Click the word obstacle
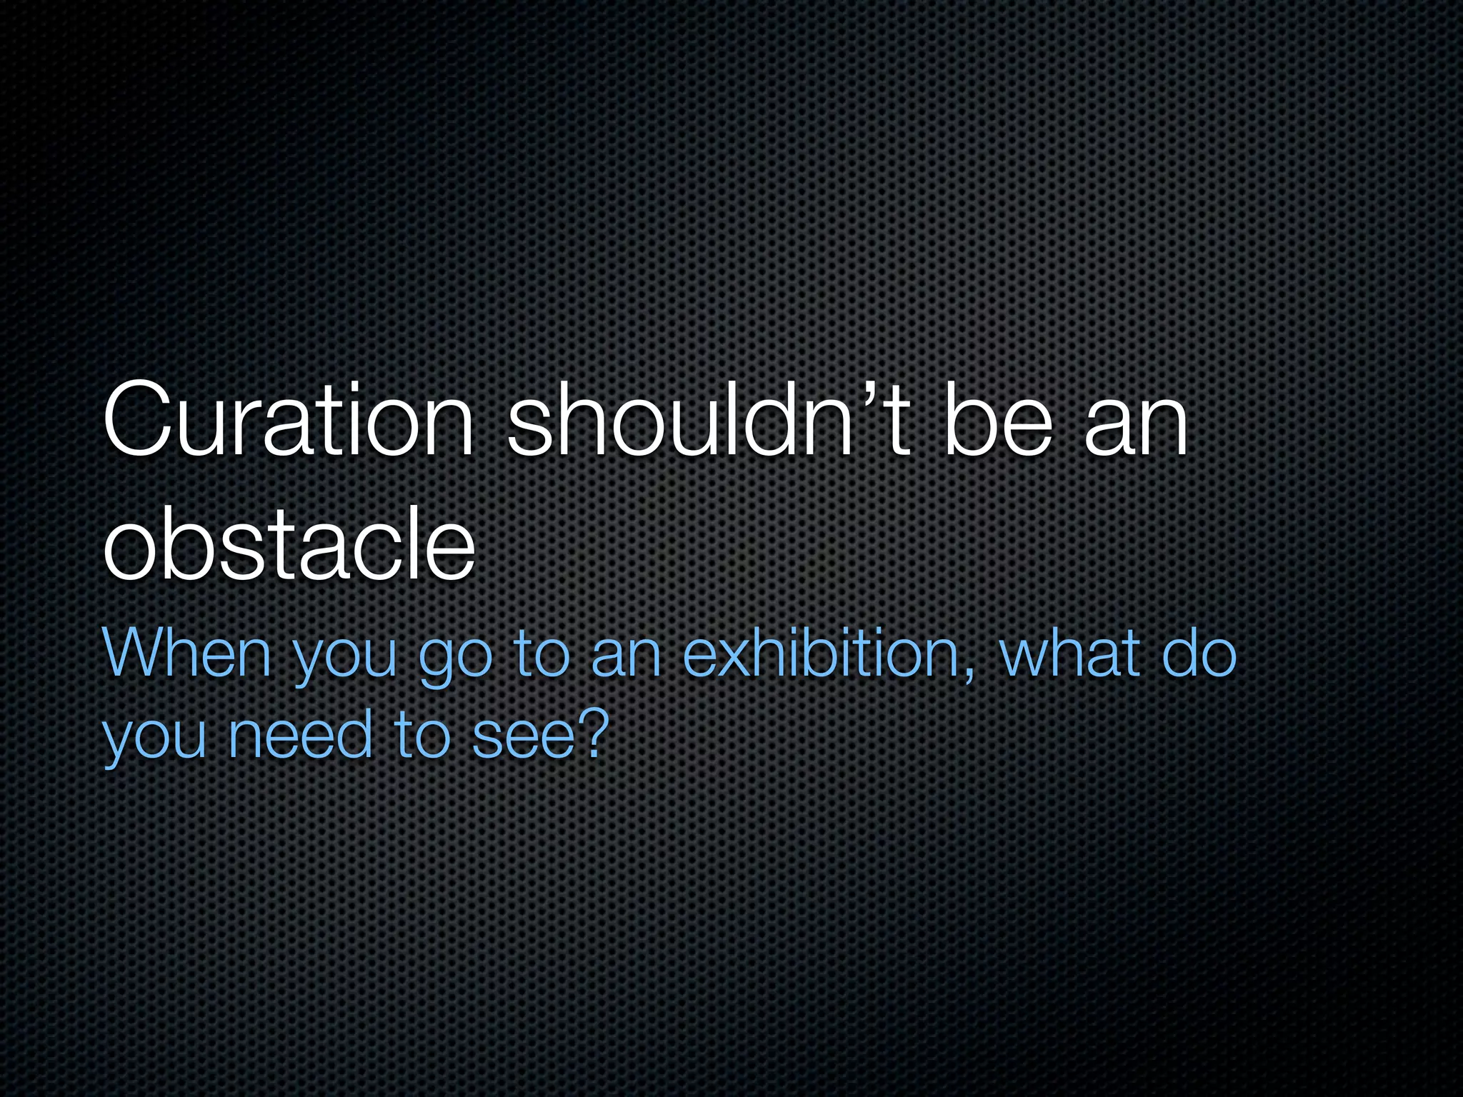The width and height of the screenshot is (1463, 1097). click(x=289, y=546)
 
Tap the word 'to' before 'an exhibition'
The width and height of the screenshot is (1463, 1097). click(x=542, y=653)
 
